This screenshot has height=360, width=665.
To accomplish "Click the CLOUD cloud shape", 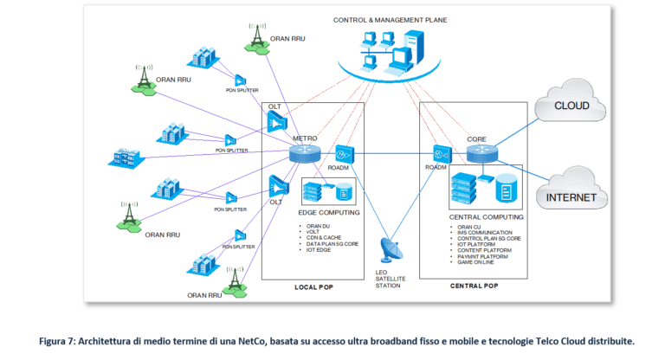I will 571,107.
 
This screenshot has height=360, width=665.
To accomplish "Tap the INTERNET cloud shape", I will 571,196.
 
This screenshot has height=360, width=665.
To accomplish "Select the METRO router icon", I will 306,153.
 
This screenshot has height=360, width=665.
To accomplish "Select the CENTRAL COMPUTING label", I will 485,217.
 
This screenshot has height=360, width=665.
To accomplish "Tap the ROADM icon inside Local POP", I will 345,153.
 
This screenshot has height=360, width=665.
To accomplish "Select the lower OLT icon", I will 278,184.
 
